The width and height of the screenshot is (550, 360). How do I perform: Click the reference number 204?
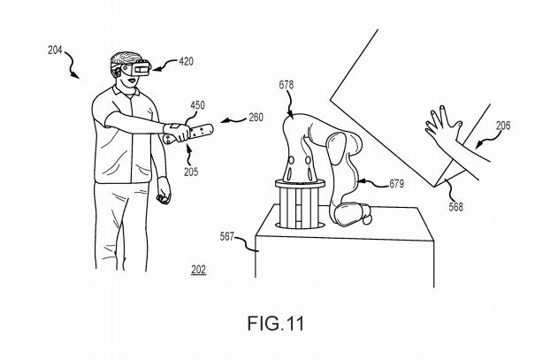tap(55, 50)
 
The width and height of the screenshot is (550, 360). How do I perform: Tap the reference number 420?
tap(187, 61)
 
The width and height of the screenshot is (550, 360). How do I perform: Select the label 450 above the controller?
tap(198, 105)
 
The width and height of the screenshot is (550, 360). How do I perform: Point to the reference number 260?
tap(256, 117)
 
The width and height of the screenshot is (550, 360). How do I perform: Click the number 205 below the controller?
tap(191, 172)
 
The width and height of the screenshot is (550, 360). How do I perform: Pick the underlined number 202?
tap(199, 270)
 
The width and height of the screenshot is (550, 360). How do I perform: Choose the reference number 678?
tap(286, 85)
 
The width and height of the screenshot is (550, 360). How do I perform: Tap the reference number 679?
tap(397, 183)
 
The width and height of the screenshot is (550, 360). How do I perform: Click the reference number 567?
tap(227, 237)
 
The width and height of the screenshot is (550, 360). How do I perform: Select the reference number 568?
tap(456, 207)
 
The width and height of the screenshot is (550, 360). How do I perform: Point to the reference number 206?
tap(503, 126)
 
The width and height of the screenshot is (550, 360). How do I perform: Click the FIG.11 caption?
tap(276, 323)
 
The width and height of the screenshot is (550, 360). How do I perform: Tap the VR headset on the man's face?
tap(135, 67)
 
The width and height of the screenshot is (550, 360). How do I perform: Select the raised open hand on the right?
tap(443, 127)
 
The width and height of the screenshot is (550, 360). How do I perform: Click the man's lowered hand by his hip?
tap(164, 190)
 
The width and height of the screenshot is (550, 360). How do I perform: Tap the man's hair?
tap(125, 59)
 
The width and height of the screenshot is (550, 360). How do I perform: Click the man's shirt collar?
tap(125, 92)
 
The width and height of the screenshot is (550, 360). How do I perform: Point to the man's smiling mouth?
tap(132, 80)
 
